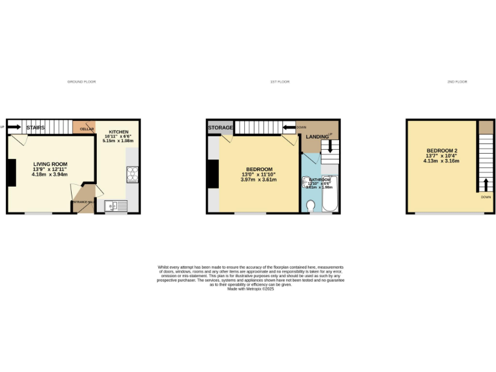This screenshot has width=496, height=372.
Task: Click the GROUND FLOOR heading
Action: click(81, 82)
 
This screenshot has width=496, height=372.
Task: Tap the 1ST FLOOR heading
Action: click(280, 82)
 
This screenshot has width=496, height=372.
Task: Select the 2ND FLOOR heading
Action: click(457, 82)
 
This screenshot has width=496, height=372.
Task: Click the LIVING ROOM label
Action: click(50, 164)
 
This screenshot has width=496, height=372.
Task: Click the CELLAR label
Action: click(87, 129)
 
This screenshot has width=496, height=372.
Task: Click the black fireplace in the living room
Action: click(11, 172)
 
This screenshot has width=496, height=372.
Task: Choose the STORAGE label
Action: click(220, 128)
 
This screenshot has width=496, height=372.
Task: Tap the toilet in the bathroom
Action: click(310, 206)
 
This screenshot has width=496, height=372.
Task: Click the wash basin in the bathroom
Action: click(304, 183)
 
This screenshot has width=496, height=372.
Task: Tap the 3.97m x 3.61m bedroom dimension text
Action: click(259, 180)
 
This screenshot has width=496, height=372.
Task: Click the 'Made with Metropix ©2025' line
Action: click(251, 288)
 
